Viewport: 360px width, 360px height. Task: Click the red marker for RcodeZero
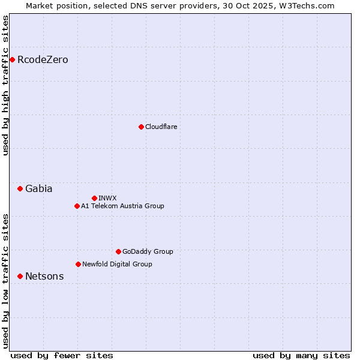12,60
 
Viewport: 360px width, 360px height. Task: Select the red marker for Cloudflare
141,127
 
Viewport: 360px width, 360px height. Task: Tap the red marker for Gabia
20,189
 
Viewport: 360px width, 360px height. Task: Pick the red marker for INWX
94,198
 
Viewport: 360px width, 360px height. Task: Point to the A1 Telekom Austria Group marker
77,206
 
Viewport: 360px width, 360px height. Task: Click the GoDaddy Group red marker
118,252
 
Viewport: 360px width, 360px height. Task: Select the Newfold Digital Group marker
78,265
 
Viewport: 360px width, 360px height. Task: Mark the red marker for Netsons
20,277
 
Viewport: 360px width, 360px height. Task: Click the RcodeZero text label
43,60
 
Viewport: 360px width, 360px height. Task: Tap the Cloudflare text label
161,127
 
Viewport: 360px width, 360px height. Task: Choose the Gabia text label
38,189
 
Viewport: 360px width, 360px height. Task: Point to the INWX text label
107,198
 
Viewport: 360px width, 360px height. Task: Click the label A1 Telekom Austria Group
122,206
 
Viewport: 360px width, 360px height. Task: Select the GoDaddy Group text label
148,252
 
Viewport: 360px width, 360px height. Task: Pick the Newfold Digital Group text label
117,265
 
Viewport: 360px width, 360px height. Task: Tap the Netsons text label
44,277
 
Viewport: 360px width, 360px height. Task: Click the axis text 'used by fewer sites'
62,356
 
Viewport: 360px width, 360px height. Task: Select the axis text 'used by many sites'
301,356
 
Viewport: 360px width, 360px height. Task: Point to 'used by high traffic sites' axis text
6,85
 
